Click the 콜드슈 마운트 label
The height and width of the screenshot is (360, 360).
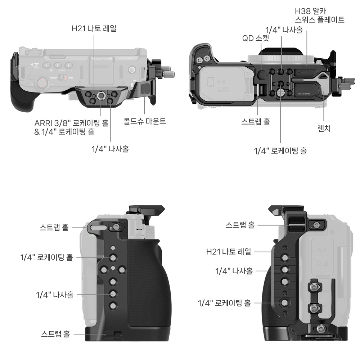tap(145, 121)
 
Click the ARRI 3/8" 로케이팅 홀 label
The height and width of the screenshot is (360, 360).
tap(71, 123)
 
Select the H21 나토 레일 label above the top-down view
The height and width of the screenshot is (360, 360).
tap(94, 28)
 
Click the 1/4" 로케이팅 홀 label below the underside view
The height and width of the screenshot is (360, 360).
tap(280, 151)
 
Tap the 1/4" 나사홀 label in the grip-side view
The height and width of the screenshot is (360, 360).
tap(55, 294)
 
